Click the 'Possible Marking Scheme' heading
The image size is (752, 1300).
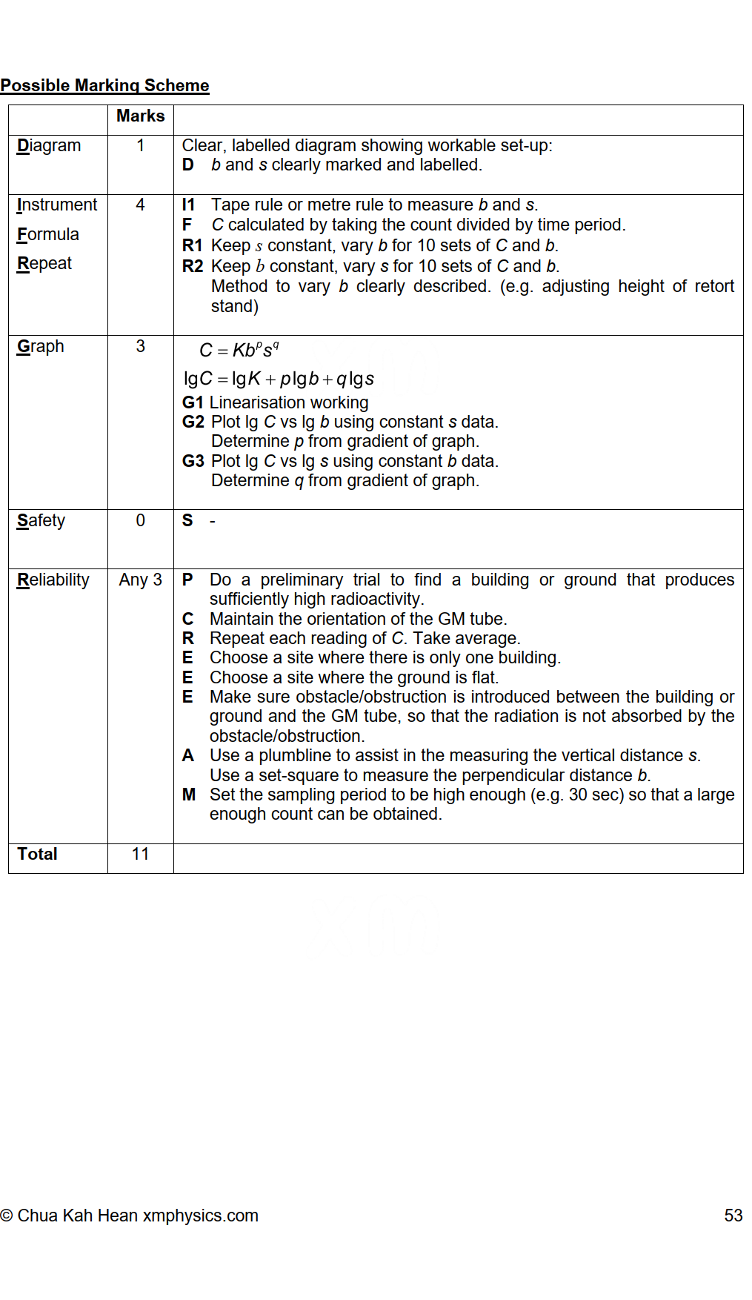pyautogui.click(x=104, y=85)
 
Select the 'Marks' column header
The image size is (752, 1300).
pyautogui.click(x=140, y=116)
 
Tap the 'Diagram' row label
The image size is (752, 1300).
pyautogui.click(x=49, y=145)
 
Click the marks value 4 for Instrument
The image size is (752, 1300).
pyautogui.click(x=140, y=205)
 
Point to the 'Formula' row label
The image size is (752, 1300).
pyautogui.click(x=48, y=234)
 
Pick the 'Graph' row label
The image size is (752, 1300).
pyautogui.click(x=41, y=346)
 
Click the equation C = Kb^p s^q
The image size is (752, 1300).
pyautogui.click(x=239, y=350)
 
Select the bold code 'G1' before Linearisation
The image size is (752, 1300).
pyautogui.click(x=193, y=402)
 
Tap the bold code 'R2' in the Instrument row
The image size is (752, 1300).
pyautogui.click(x=193, y=266)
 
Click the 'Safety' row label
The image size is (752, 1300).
pyautogui.click(x=41, y=520)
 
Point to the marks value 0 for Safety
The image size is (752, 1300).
pyautogui.click(x=140, y=520)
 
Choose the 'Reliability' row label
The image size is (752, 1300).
pyautogui.click(x=53, y=580)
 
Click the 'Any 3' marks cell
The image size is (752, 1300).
pyautogui.click(x=140, y=580)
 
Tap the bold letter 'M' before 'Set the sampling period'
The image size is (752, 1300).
pyautogui.click(x=189, y=795)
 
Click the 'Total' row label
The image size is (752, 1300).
pyautogui.click(x=38, y=854)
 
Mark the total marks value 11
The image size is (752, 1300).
pyautogui.click(x=140, y=854)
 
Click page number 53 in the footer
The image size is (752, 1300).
pyautogui.click(x=733, y=1216)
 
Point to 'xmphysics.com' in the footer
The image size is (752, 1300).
pyautogui.click(x=200, y=1216)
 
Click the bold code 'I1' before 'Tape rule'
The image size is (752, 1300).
pyautogui.click(x=189, y=205)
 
